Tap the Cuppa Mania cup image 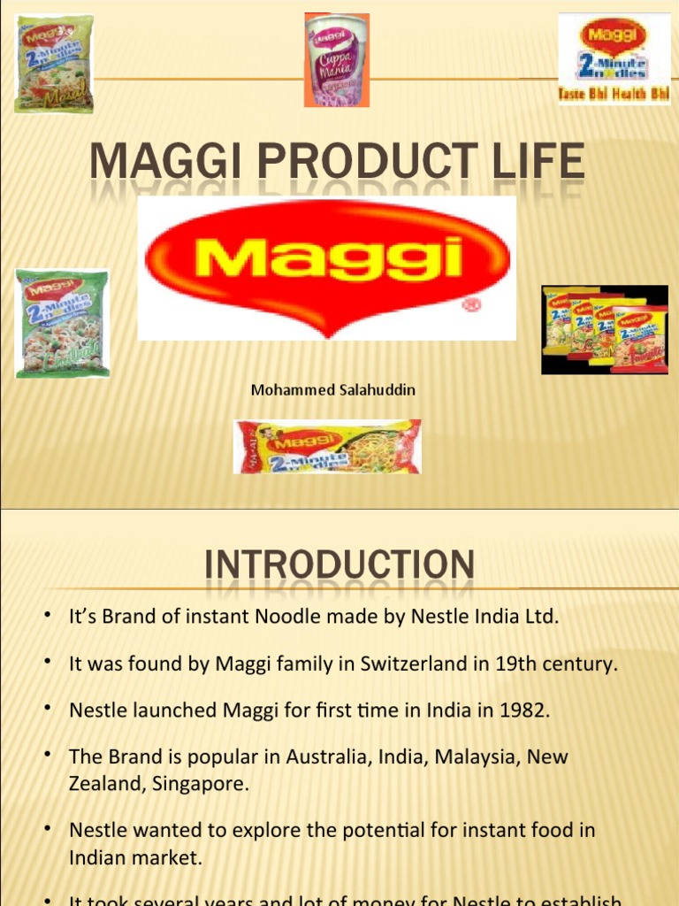click(x=336, y=60)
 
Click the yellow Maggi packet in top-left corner click(x=53, y=64)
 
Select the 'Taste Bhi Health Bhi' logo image click(x=614, y=58)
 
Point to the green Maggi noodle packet click(x=62, y=323)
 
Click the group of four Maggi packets click(x=605, y=329)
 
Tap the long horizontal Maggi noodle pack click(x=327, y=447)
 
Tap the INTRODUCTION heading click(x=339, y=566)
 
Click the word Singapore click(x=201, y=783)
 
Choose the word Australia click(x=331, y=758)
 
